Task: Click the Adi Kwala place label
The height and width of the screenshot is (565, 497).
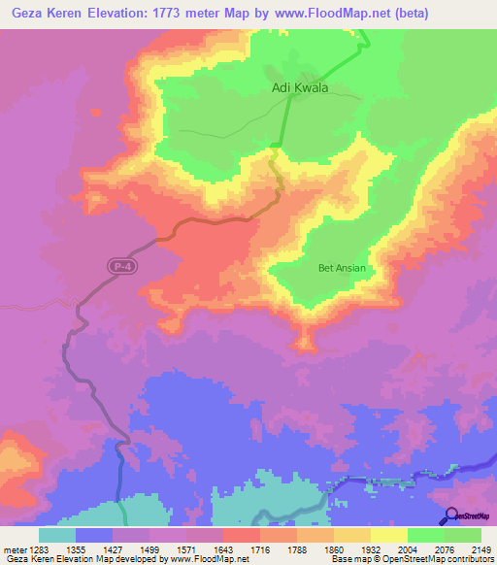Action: tap(299, 87)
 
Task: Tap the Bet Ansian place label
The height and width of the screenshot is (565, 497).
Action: tap(341, 268)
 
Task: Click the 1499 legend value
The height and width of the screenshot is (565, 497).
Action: tap(132, 548)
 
